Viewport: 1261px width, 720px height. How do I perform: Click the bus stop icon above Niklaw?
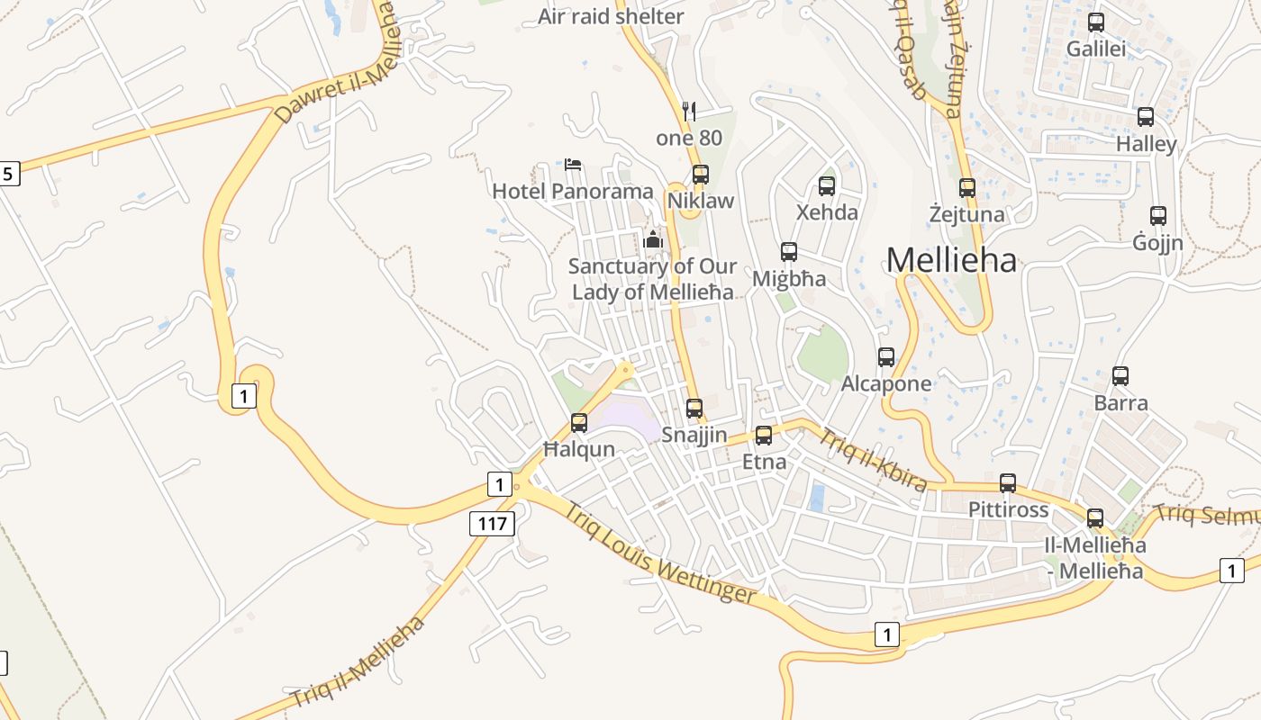700,175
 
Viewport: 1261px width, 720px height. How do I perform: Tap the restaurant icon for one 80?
689,111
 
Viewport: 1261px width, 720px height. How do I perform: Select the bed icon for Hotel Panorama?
573,165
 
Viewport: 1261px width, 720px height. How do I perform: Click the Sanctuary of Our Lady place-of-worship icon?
653,239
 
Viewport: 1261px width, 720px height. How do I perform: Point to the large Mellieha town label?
952,260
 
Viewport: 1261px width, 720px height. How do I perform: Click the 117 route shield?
492,523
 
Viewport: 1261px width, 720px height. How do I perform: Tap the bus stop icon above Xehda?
827,186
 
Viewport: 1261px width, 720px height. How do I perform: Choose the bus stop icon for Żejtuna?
967,188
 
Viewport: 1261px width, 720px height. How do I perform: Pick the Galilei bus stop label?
1096,49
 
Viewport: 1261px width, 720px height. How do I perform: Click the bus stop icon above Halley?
1146,117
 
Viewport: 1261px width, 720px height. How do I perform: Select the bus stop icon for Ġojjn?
1158,216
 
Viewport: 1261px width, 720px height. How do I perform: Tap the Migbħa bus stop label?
789,278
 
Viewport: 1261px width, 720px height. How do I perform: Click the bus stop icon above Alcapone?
886,357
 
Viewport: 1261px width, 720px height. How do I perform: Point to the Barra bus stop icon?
1120,376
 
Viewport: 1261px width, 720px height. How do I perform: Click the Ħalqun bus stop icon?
579,422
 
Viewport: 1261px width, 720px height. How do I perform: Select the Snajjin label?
694,435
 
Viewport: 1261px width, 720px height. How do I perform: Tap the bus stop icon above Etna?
764,436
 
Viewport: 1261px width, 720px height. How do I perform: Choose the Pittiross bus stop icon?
1008,483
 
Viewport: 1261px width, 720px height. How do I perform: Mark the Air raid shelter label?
611,16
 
